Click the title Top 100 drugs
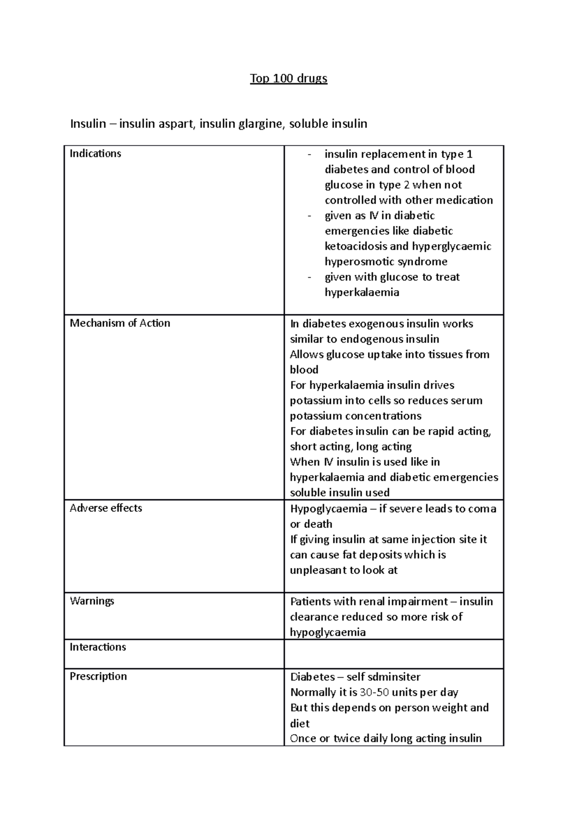(x=288, y=78)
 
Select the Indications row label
(x=95, y=154)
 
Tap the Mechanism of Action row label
(x=120, y=323)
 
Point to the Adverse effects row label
(x=106, y=508)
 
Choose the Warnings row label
(x=92, y=601)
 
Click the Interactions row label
(x=98, y=647)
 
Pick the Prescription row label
(x=98, y=676)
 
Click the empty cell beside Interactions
(x=393, y=654)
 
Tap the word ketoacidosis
(x=356, y=247)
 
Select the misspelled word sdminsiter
(x=394, y=677)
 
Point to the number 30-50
(x=374, y=692)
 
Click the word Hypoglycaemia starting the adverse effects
(x=328, y=509)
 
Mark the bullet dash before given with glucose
(x=310, y=277)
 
